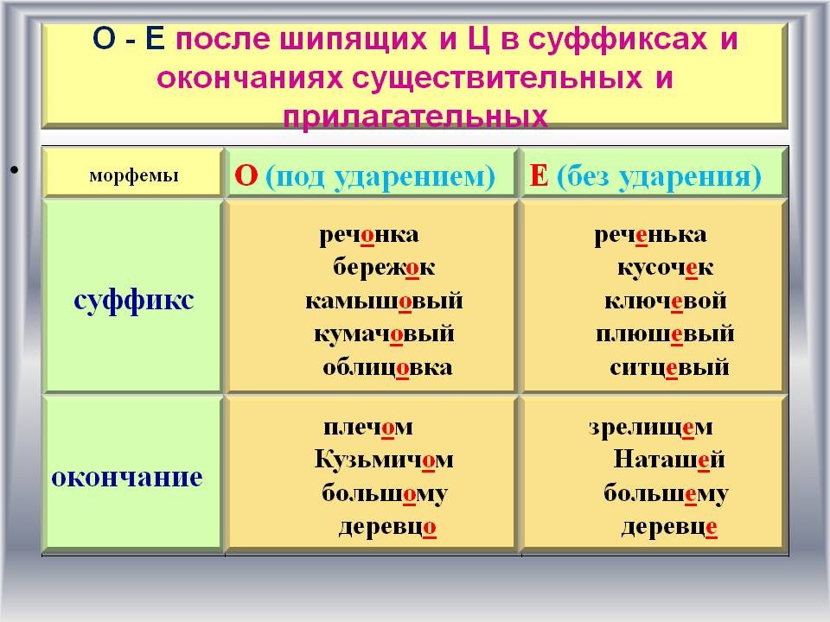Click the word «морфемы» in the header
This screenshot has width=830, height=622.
click(x=134, y=175)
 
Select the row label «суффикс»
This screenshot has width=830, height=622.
click(x=134, y=301)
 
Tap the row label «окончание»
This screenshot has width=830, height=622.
click(x=127, y=478)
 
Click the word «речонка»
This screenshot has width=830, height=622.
click(x=369, y=235)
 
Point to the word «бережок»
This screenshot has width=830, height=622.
click(x=384, y=267)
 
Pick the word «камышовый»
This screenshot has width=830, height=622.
click(x=384, y=301)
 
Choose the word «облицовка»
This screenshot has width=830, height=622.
click(x=387, y=367)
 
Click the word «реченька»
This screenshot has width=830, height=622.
click(x=650, y=235)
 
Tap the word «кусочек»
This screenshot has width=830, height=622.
click(x=666, y=268)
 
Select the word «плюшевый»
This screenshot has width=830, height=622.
click(x=665, y=334)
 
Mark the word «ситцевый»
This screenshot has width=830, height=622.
click(x=669, y=368)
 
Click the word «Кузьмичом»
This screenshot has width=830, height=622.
click(x=384, y=459)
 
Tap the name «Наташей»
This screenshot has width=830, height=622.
click(x=669, y=459)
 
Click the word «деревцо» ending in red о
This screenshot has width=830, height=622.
click(x=387, y=527)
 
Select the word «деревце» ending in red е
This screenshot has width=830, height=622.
click(x=669, y=527)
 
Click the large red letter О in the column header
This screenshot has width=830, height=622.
click(x=246, y=175)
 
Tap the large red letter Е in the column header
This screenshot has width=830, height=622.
click(x=539, y=175)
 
